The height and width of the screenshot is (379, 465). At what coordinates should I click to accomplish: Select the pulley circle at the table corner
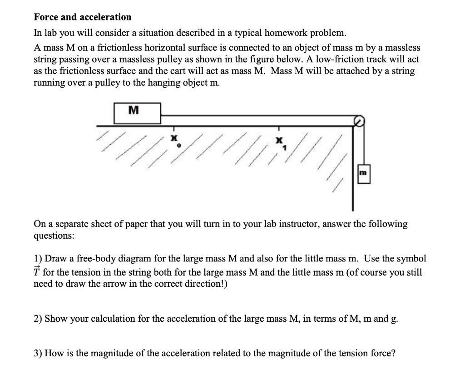coord(359,121)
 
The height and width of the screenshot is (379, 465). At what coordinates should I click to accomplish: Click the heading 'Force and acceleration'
coord(83,17)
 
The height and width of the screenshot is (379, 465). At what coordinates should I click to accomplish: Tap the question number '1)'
coord(38,259)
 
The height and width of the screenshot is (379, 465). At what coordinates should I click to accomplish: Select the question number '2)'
coord(38,319)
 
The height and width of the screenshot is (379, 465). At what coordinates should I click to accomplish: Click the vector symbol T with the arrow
coord(37,272)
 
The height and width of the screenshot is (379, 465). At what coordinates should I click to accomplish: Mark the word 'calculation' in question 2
coord(112,319)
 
